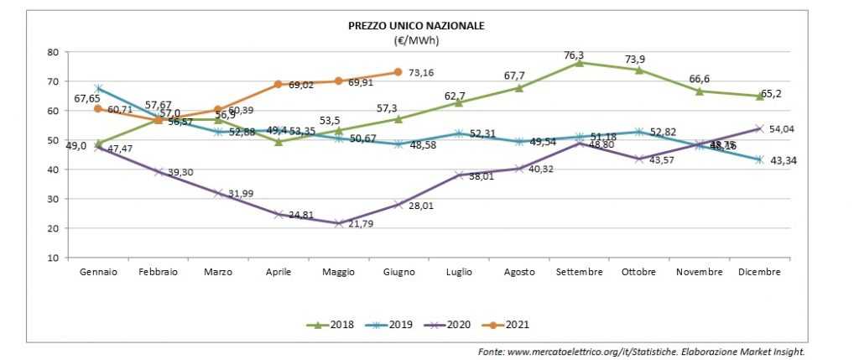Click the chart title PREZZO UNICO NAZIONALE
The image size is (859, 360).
416,26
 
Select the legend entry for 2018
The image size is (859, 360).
335,324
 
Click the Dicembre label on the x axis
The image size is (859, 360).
760,273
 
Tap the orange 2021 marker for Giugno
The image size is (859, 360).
398,72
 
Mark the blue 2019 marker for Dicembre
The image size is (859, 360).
760,159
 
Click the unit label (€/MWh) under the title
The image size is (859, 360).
416,39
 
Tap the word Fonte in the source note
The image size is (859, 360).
492,351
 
